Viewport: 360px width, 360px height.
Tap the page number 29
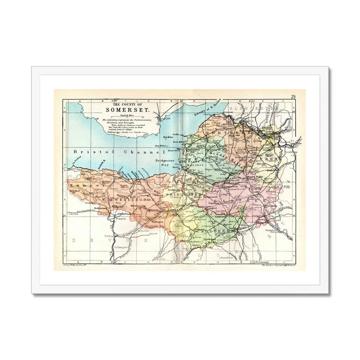293,96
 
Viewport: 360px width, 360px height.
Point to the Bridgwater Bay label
164,162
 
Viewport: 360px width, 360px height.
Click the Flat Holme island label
168,137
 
